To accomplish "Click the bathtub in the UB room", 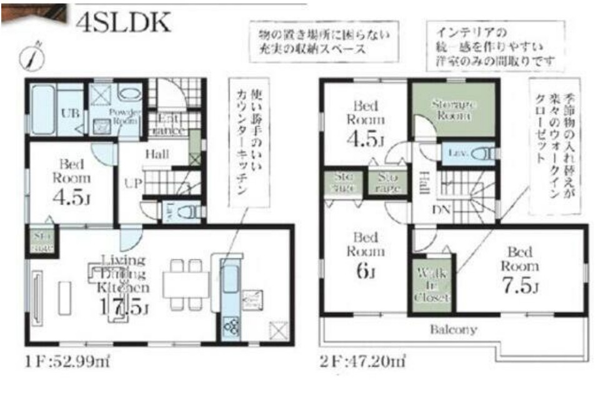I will (x=42, y=109).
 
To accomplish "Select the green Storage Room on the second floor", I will (x=453, y=110).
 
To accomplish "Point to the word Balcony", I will (x=453, y=330).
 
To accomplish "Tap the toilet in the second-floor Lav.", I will (x=481, y=153).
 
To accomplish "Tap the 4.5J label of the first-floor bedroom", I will (x=72, y=199).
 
